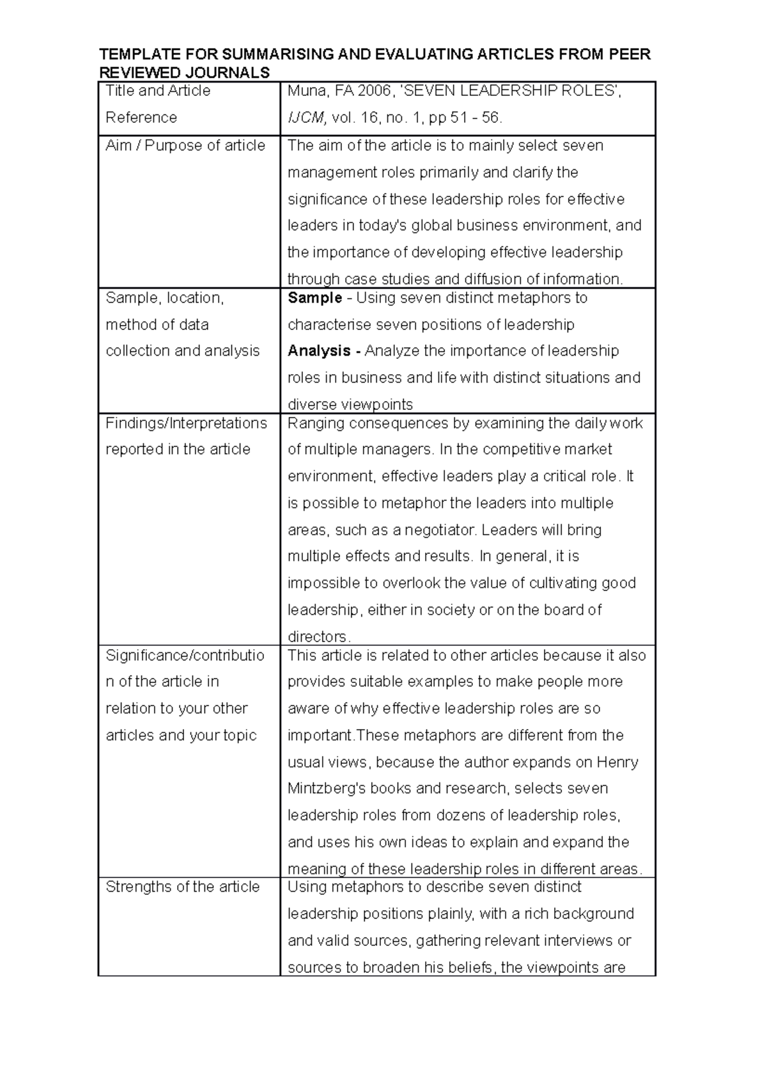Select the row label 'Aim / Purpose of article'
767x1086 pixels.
pyautogui.click(x=185, y=146)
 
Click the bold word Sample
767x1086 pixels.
pyautogui.click(x=315, y=298)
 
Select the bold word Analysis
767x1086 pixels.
pyautogui.click(x=319, y=351)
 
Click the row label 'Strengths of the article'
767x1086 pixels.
pyautogui.click(x=183, y=887)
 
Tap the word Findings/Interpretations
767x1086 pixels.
pyautogui.click(x=187, y=423)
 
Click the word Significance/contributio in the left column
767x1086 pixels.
pyautogui.click(x=185, y=656)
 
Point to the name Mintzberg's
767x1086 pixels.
pyautogui.click(x=326, y=789)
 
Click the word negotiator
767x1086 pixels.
pyautogui.click(x=440, y=530)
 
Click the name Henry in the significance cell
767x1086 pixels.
pyautogui.click(x=617, y=762)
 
